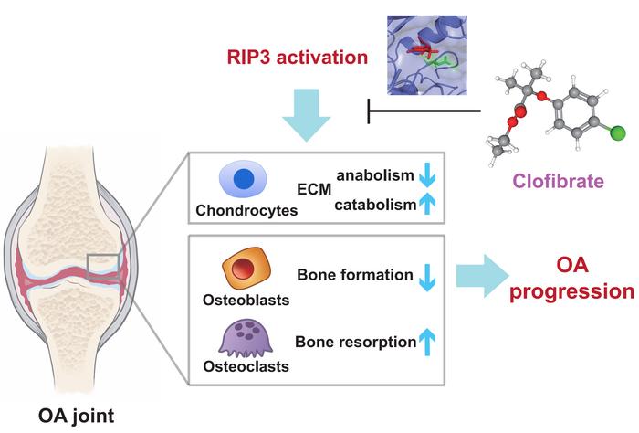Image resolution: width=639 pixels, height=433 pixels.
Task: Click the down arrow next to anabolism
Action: (425, 175)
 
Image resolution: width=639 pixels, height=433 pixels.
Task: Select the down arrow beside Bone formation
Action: (425, 274)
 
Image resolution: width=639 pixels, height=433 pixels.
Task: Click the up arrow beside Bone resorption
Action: (425, 343)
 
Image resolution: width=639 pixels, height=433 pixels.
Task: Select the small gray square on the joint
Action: (100, 265)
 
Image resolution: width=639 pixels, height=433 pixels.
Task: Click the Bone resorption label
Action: (353, 343)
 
